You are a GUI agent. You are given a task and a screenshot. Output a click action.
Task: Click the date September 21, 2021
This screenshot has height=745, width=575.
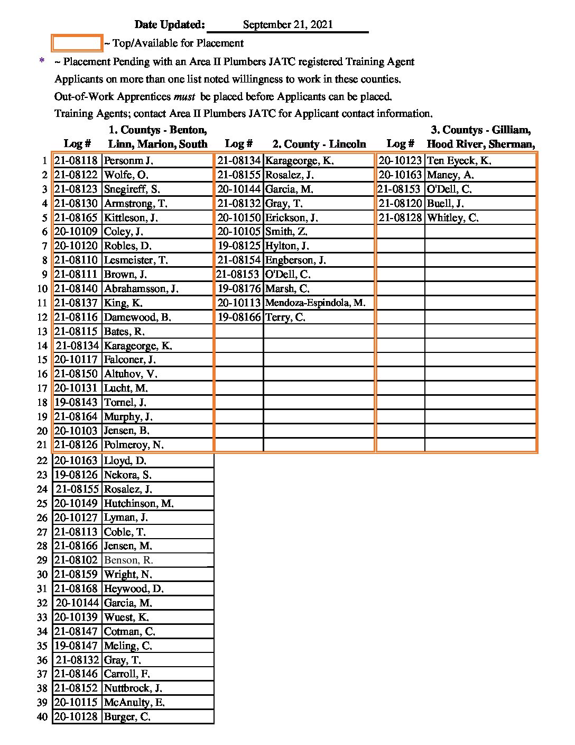287,25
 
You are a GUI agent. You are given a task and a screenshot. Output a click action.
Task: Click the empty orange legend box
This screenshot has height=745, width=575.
77,43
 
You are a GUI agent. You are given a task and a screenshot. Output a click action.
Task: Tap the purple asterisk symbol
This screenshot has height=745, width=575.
42,62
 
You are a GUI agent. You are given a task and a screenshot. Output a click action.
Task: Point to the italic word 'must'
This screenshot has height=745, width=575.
185,97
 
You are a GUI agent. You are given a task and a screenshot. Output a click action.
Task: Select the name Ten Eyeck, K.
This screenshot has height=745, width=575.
459,161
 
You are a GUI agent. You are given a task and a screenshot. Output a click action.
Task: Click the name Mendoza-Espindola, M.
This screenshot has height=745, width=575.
315,303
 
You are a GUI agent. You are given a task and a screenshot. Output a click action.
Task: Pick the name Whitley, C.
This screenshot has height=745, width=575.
452,218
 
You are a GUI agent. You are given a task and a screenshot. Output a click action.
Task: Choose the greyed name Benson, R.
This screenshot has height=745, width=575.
128,560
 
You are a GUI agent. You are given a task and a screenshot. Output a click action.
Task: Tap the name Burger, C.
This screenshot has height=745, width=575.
127,717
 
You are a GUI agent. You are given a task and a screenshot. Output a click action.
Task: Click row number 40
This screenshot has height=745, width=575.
42,717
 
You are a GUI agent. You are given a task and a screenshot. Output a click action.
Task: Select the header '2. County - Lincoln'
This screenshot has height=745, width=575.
319,144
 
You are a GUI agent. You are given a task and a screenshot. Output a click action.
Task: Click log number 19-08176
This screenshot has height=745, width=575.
239,289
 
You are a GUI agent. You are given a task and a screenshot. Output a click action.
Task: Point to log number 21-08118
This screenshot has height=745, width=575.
76,161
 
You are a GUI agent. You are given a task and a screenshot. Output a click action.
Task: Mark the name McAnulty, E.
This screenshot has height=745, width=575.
134,703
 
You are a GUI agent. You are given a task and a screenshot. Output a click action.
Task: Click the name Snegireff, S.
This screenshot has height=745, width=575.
132,189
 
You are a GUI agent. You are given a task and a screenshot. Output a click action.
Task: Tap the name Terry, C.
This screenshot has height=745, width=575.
285,317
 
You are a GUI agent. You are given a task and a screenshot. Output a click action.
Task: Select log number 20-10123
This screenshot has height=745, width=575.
400,161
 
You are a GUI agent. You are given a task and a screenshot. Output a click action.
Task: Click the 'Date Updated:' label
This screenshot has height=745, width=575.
169,25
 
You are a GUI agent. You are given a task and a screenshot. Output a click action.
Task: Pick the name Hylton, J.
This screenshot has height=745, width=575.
287,246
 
